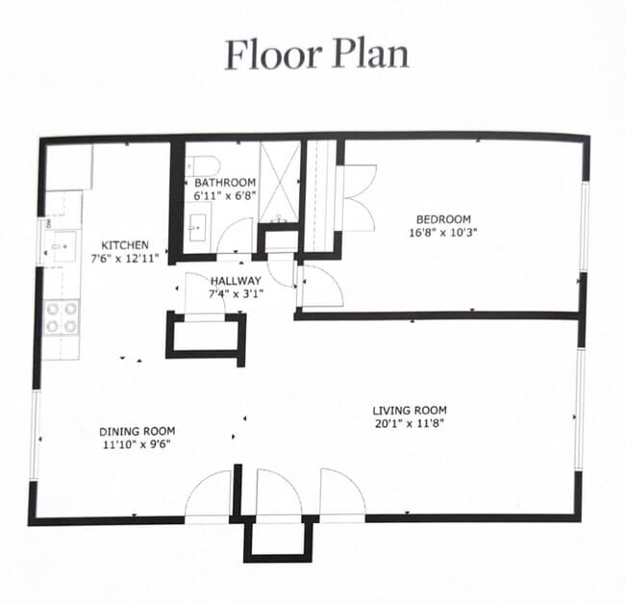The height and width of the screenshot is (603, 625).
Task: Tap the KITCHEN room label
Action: [125, 244]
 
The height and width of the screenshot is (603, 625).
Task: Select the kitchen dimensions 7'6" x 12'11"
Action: [125, 259]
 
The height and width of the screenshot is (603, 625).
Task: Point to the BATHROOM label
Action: [225, 183]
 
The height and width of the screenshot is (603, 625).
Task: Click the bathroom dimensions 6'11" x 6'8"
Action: [224, 196]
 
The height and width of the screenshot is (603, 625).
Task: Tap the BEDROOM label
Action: [443, 219]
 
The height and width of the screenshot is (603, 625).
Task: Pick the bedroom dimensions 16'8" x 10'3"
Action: [443, 233]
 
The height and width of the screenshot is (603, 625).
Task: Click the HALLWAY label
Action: [236, 281]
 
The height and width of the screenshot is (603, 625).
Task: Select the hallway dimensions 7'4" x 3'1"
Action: [236, 294]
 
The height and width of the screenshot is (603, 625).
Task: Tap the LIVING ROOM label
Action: [410, 410]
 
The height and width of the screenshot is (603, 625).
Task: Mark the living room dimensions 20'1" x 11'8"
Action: [410, 423]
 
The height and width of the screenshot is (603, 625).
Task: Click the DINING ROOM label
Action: [137, 431]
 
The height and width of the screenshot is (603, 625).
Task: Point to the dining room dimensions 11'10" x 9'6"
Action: [137, 444]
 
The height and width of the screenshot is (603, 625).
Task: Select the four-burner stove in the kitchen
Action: [62, 317]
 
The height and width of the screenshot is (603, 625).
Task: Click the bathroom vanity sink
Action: [198, 228]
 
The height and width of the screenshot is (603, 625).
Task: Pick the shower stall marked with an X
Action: [279, 183]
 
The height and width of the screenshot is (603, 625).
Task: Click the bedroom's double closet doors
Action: [360, 198]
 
